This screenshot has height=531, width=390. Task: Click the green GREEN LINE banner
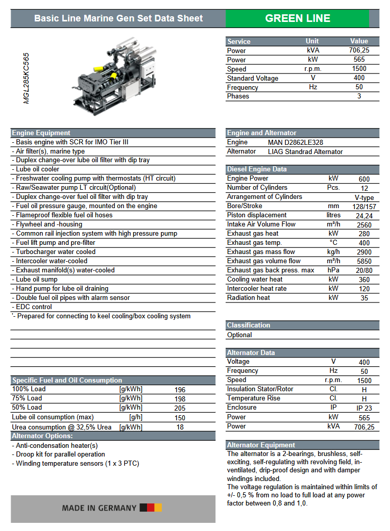(297, 18)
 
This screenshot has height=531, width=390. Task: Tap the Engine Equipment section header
(41, 133)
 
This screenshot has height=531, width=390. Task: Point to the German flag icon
(151, 508)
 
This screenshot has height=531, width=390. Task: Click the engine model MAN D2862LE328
(295, 142)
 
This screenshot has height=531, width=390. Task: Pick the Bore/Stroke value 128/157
(364, 206)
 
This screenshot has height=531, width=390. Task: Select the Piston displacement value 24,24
(364, 215)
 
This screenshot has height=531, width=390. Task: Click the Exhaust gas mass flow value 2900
(364, 252)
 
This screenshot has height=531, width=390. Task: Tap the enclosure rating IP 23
(364, 408)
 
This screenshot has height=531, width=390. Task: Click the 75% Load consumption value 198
(180, 398)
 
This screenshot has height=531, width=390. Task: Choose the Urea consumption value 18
(180, 427)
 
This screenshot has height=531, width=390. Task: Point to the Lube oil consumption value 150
(180, 418)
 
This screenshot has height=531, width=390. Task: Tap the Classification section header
(249, 325)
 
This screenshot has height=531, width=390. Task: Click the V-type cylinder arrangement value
(364, 197)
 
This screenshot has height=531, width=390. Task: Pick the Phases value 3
(359, 96)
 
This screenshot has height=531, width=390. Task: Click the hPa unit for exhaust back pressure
(333, 270)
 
